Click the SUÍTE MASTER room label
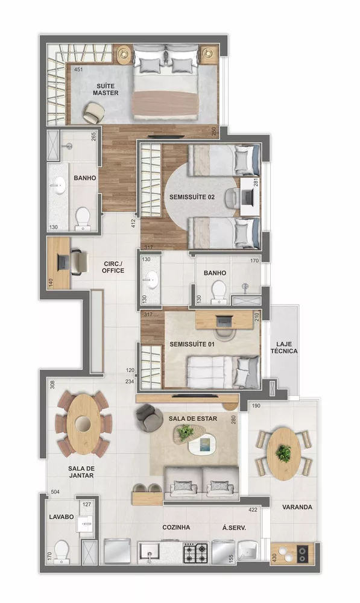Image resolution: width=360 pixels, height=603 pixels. (x=105, y=89)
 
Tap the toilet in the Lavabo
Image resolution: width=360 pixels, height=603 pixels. (x=61, y=551)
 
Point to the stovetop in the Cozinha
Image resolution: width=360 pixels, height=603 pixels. (x=195, y=551)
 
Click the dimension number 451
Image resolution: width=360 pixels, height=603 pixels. (x=78, y=70)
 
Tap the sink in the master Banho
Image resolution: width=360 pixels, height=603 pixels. (x=58, y=185)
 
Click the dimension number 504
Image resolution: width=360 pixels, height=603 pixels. (x=55, y=492)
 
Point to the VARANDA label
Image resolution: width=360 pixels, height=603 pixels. (x=297, y=507)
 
